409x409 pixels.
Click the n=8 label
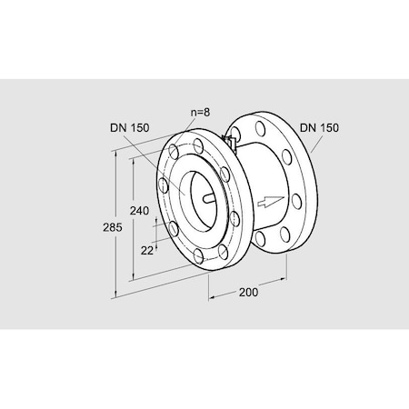point(200,113)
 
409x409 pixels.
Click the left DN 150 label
point(130,128)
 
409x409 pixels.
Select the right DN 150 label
point(319,128)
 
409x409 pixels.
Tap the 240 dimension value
point(139,210)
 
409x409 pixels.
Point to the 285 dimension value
point(113,227)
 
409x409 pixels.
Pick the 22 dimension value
point(147,251)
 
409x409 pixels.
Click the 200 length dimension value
point(249,293)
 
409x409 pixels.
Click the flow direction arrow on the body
point(271,201)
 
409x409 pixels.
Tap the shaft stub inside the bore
point(209,198)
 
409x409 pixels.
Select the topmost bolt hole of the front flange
point(198,145)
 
